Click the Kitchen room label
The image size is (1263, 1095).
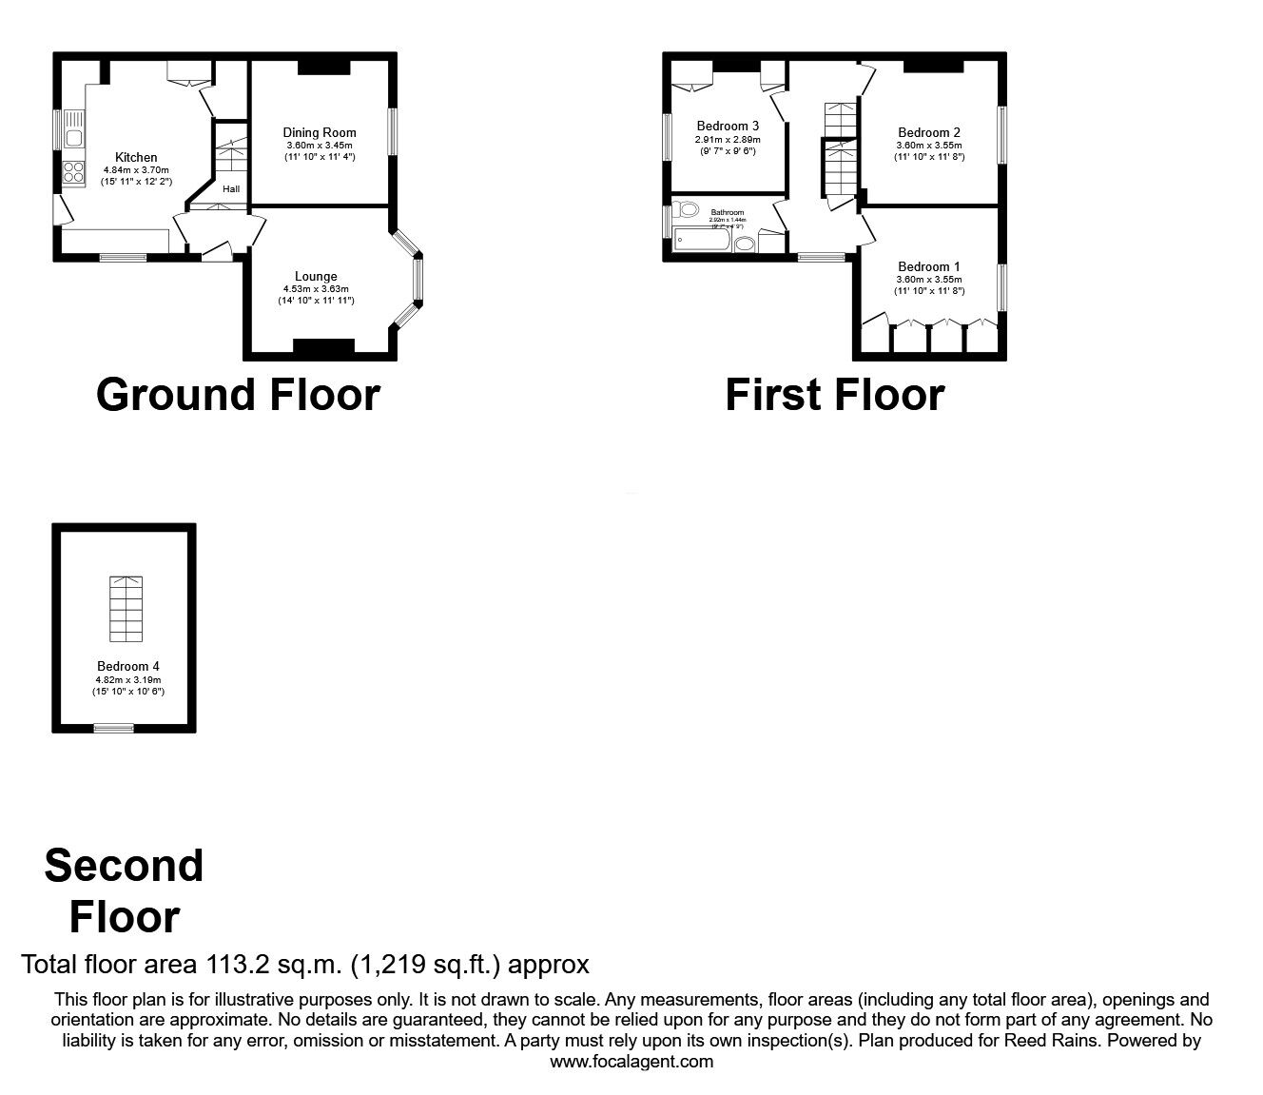[136, 157]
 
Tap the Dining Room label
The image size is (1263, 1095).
[320, 132]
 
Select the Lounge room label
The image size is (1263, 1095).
[316, 277]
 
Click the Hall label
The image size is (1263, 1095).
[231, 189]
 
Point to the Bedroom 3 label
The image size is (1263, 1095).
[728, 126]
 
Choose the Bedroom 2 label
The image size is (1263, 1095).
[929, 132]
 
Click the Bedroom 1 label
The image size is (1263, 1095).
[929, 266]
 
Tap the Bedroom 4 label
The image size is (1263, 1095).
[128, 666]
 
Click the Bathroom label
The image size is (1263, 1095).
[728, 212]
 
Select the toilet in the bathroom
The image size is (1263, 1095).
[686, 209]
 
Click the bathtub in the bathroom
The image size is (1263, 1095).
[701, 242]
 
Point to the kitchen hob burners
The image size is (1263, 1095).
[73, 173]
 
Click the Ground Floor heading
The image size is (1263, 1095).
[238, 395]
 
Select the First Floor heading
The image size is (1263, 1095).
[834, 395]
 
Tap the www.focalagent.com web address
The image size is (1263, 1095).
[631, 1062]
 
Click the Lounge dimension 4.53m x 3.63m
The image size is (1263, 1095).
[316, 289]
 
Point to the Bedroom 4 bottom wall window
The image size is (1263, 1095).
[113, 728]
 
